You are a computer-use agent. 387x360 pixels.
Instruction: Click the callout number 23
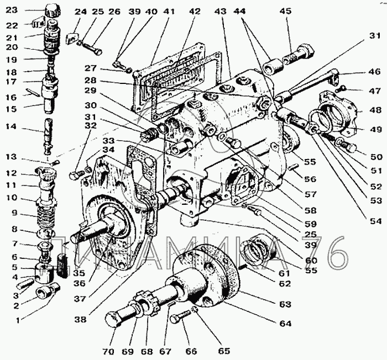tap(12, 9)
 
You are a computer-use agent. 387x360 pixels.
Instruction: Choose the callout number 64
tap(284, 324)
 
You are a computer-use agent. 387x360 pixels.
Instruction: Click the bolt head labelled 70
tap(113, 320)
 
